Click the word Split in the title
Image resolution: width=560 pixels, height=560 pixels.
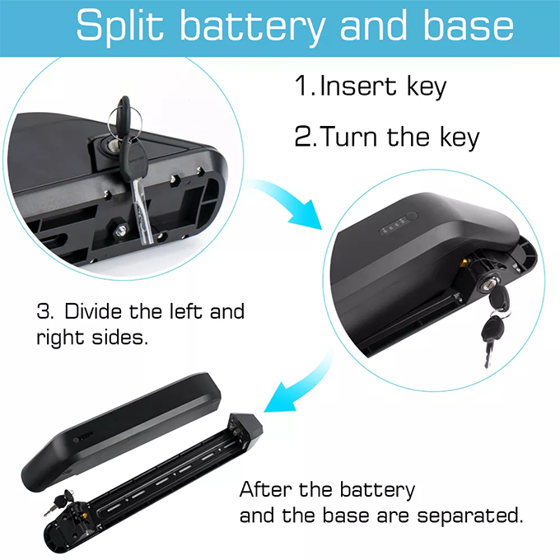[x=119, y=26]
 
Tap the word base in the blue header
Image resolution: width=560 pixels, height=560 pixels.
[x=469, y=25]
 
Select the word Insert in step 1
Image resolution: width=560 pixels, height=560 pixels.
[x=358, y=86]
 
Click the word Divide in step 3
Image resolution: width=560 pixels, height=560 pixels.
[x=93, y=311]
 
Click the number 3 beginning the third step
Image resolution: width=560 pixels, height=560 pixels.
[x=44, y=311]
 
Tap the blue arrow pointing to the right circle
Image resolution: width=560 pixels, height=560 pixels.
[x=286, y=203]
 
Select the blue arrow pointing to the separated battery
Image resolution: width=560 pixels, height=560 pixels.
[x=298, y=384]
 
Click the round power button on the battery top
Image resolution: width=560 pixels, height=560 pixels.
[x=412, y=216]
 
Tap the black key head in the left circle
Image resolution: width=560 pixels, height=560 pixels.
[x=134, y=159]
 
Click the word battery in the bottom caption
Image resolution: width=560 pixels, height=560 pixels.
[x=377, y=491]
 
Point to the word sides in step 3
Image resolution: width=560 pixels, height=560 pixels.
[x=119, y=337]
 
